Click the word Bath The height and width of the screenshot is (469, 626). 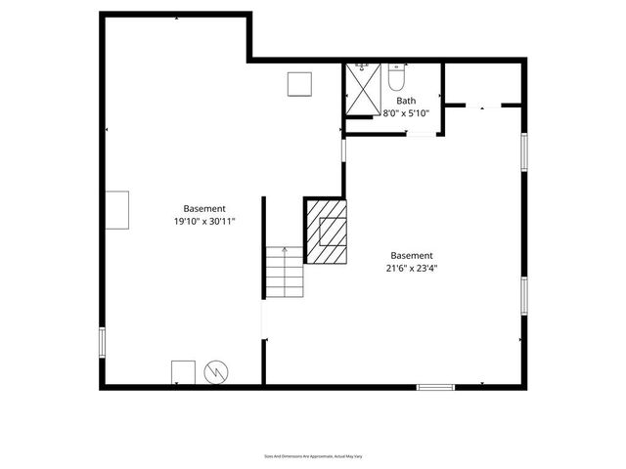click(x=406, y=101)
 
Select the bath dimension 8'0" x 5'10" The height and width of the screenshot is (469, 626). click(x=406, y=113)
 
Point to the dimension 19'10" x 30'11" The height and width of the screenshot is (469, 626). click(x=204, y=222)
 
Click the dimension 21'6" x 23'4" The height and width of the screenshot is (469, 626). click(x=411, y=270)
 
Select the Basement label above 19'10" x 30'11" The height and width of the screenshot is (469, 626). click(x=204, y=208)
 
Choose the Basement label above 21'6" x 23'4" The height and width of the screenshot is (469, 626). click(x=411, y=256)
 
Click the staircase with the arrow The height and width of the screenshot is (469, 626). click(x=285, y=273)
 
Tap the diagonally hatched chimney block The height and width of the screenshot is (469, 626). click(x=326, y=232)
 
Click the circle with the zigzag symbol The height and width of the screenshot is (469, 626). click(x=215, y=372)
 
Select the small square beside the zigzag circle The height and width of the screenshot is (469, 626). click(x=183, y=372)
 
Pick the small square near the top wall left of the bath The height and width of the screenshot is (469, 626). click(x=298, y=85)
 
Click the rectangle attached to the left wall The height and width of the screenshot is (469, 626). click(x=117, y=209)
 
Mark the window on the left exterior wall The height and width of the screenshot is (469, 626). click(x=103, y=342)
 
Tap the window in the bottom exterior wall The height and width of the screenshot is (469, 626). click(x=435, y=387)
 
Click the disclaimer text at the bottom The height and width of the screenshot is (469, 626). click(x=313, y=455)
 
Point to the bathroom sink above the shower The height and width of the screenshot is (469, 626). click(x=362, y=66)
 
